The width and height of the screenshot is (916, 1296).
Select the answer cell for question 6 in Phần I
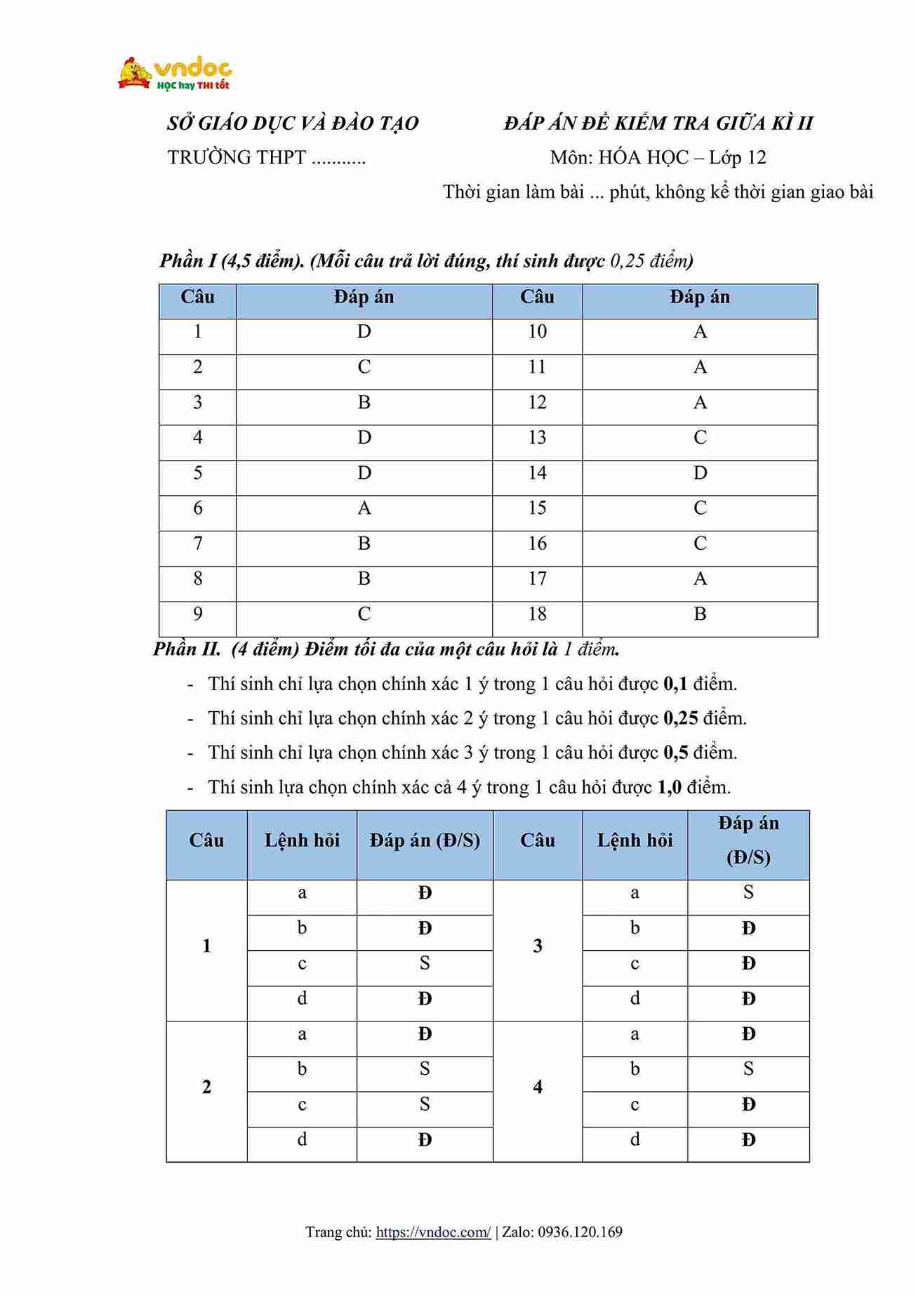click(364, 508)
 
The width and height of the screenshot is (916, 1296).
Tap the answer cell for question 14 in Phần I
click(700, 473)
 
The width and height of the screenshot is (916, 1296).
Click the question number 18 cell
click(537, 614)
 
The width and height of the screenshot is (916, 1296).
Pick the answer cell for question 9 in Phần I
click(364, 614)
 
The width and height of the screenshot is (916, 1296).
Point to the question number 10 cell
click(537, 332)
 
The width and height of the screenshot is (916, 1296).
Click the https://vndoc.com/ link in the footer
click(433, 1232)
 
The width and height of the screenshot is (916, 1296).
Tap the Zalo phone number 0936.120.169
click(580, 1232)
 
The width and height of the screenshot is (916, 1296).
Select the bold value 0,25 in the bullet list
click(680, 718)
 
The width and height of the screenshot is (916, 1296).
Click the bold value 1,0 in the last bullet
click(670, 787)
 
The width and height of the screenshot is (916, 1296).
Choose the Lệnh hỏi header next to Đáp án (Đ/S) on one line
click(302, 840)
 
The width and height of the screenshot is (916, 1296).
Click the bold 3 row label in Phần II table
click(538, 946)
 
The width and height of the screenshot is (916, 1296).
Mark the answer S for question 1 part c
click(425, 963)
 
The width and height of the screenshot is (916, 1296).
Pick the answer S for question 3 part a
click(748, 892)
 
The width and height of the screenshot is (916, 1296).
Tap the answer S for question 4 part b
click(748, 1069)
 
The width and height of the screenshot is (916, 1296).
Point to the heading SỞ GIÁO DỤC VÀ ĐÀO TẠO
click(293, 124)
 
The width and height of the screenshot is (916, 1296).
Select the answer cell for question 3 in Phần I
click(364, 402)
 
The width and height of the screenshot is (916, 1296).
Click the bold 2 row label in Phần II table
click(206, 1087)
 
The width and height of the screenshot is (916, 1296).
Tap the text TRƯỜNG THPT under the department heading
click(237, 157)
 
